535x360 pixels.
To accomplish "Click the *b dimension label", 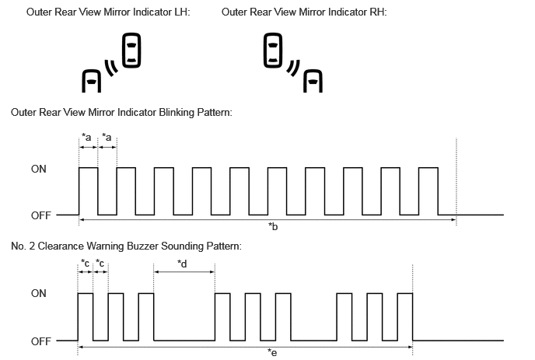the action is tap(273, 226).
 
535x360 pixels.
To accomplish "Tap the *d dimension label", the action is tap(182, 264).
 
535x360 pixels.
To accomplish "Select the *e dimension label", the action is tap(272, 352).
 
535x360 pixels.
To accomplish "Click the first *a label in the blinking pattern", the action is tap(86, 137).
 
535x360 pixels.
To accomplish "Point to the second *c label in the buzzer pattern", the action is tap(100, 263).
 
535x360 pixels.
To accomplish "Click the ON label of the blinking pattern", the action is tap(39, 169).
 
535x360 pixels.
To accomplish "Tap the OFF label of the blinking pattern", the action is tap(41, 215).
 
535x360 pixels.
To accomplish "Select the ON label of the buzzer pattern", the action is tap(39, 293).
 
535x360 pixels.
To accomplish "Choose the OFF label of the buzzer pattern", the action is tap(41, 341).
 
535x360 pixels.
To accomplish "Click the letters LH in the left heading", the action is tap(181, 12).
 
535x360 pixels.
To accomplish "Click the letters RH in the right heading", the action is tap(378, 12).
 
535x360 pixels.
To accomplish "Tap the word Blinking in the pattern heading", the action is tap(177, 113).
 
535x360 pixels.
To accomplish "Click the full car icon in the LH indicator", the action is tap(131, 51).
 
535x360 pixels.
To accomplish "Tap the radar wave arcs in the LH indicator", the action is tap(111, 68).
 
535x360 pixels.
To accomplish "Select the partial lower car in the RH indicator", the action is tap(313, 81).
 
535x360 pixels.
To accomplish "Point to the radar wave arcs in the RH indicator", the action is tap(293, 68).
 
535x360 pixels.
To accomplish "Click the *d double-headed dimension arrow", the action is tap(184, 272).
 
